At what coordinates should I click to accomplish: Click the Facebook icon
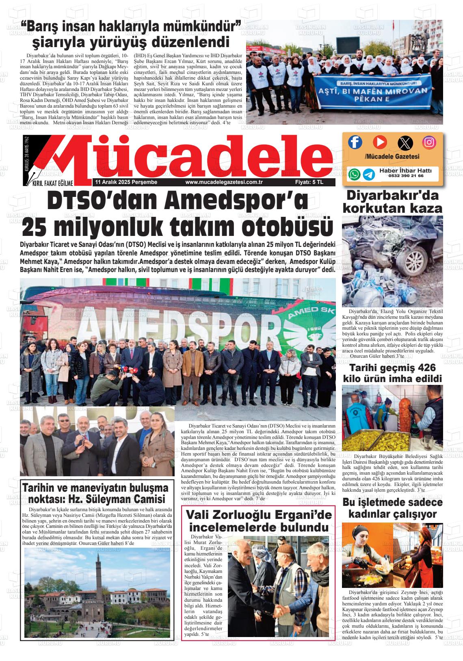click(355, 142)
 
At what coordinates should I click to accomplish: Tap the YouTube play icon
click(380, 142)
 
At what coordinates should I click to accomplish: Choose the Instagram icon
click(429, 142)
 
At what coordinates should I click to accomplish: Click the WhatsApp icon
click(354, 174)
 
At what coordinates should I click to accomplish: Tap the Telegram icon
click(369, 174)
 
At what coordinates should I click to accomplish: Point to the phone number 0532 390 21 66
click(406, 176)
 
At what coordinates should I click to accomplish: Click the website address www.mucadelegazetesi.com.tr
click(224, 183)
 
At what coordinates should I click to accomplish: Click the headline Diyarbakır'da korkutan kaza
click(392, 202)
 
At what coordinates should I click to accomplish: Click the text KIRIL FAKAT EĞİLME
click(52, 184)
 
